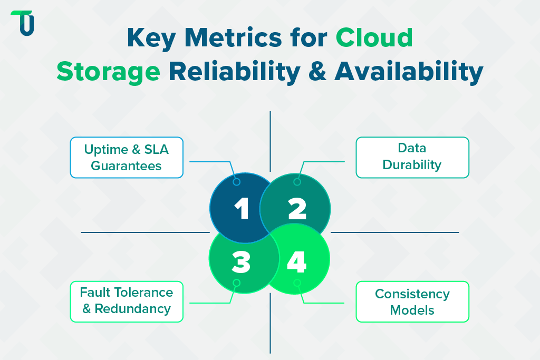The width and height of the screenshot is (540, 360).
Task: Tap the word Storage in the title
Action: tap(108, 72)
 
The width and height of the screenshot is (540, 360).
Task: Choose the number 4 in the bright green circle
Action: tap(296, 261)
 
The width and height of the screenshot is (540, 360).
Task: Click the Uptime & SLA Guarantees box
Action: tap(127, 157)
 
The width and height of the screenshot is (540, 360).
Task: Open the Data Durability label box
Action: tap(412, 157)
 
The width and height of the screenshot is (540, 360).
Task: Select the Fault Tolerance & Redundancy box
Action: tap(127, 300)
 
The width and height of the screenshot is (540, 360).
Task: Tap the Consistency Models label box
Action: tap(412, 301)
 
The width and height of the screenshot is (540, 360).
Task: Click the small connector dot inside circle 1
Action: tap(236, 182)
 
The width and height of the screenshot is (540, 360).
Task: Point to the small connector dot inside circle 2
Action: tap(297, 182)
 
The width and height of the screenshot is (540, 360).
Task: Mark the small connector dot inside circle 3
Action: tap(236, 283)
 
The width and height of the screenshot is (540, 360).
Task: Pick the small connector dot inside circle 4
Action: tap(297, 283)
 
